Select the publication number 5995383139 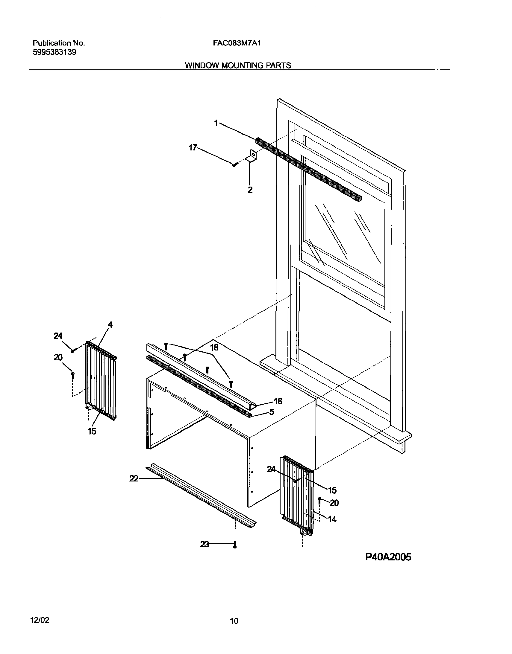coord(54,52)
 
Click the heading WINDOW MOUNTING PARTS coord(238,65)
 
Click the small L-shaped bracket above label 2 coord(252,157)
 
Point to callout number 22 coord(134,478)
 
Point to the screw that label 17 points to coord(235,164)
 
